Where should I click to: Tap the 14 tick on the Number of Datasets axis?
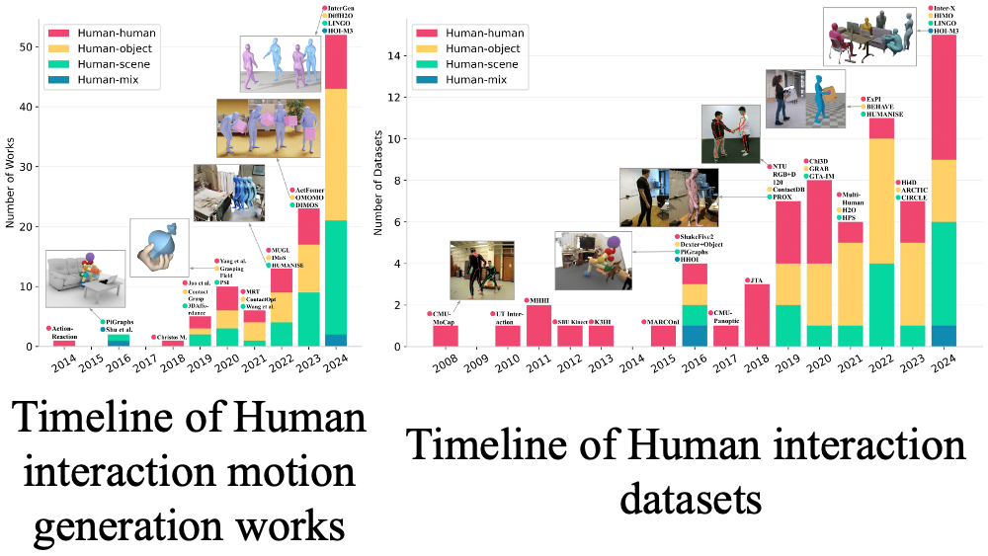[x=395, y=56]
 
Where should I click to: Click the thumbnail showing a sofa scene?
[x=85, y=277]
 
